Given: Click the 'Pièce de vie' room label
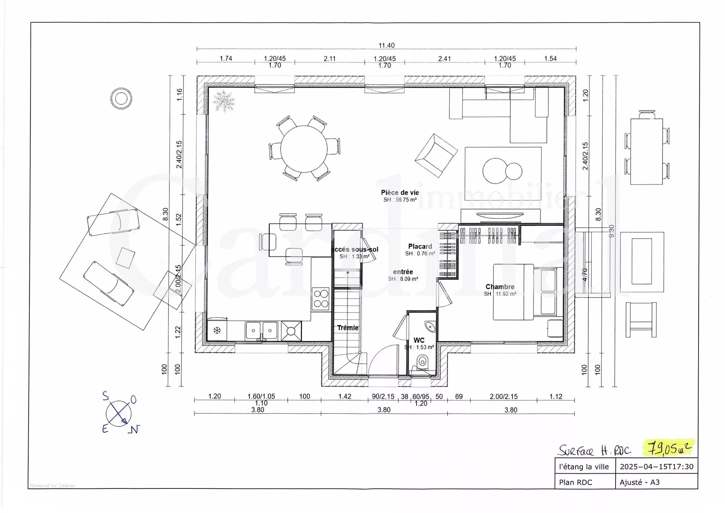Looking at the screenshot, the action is [400, 193].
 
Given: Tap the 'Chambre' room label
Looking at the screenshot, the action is [500, 287].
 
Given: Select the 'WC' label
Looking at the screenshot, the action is [419, 340].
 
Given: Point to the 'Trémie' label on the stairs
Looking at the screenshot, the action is [348, 328].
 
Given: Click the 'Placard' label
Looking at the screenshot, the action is [420, 246].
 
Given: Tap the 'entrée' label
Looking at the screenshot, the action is [403, 272].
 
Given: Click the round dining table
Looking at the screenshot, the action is [304, 149].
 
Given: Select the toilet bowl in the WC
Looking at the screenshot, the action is [422, 362].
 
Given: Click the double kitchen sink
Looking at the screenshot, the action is [262, 331].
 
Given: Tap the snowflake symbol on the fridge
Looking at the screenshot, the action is [217, 331].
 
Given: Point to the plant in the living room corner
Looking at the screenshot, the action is [223, 101].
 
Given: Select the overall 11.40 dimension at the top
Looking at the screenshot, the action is [387, 45].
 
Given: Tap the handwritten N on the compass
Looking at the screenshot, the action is [134, 430].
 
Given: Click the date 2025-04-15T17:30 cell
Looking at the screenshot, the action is [657, 467].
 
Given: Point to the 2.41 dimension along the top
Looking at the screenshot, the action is [444, 59].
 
